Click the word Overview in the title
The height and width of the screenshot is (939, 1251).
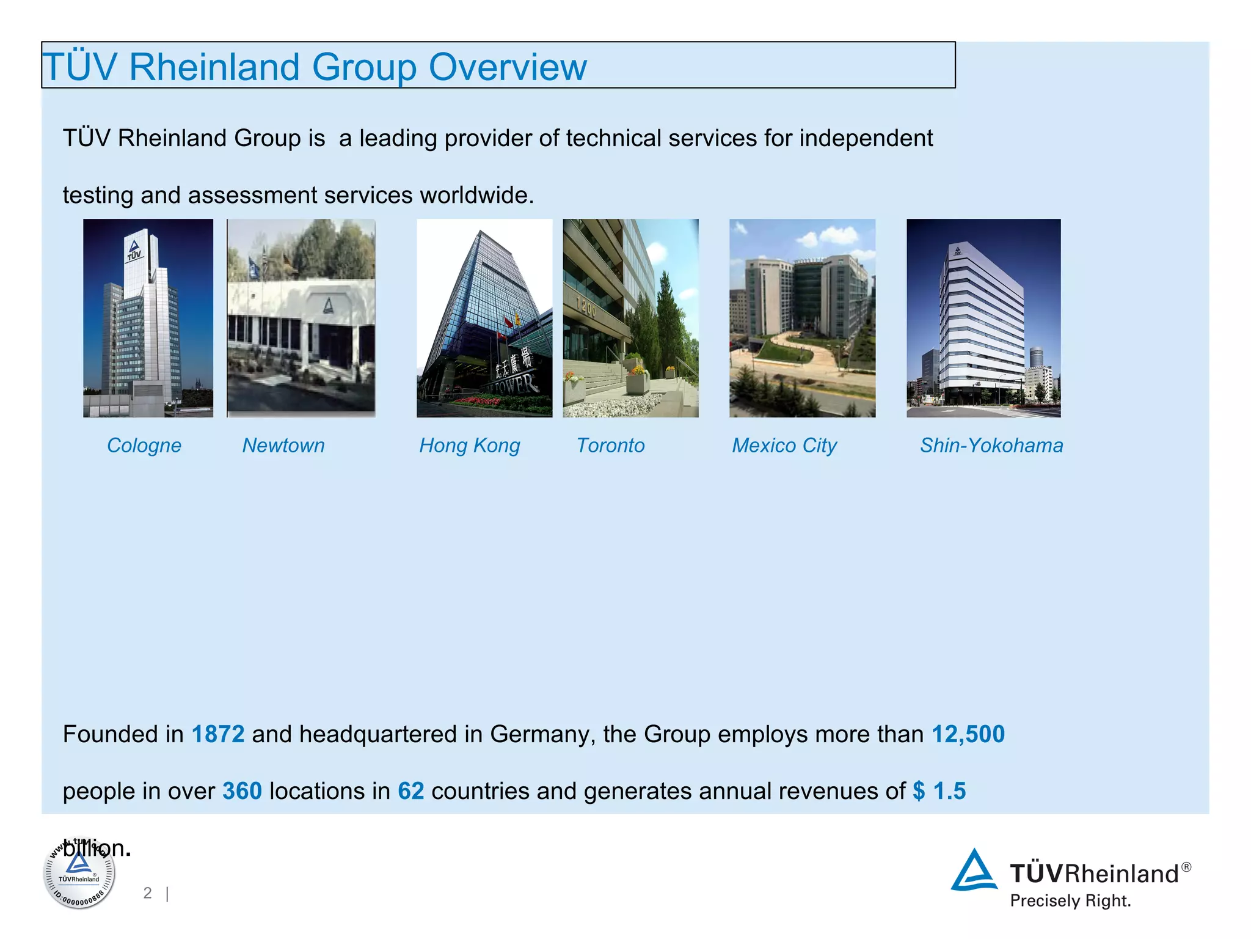[x=508, y=67]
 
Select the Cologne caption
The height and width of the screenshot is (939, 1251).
[x=144, y=445]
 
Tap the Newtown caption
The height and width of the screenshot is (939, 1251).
[x=283, y=445]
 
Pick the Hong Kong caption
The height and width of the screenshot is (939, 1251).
[x=469, y=446]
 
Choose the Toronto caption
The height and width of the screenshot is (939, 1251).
[x=610, y=445]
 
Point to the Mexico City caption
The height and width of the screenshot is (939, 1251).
[x=784, y=446]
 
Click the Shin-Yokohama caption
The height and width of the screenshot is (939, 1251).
[x=991, y=445]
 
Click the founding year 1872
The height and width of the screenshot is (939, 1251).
[x=218, y=734]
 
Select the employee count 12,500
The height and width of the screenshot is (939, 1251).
[x=968, y=734]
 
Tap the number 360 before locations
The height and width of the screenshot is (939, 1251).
[x=242, y=791]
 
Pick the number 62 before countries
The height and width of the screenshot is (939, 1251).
[x=410, y=791]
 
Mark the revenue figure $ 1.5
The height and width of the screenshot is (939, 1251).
[x=939, y=791]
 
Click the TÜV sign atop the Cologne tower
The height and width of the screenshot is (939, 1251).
[x=134, y=249]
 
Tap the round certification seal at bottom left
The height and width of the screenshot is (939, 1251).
[x=79, y=874]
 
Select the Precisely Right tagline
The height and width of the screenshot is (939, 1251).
[x=1070, y=901]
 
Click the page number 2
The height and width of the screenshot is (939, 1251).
[x=147, y=893]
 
